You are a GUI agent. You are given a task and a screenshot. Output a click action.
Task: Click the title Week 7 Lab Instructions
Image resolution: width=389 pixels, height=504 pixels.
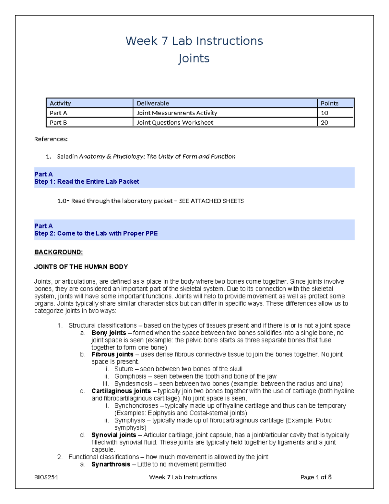click(x=194, y=41)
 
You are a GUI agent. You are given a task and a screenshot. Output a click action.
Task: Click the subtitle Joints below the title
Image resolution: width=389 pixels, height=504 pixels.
click(x=194, y=59)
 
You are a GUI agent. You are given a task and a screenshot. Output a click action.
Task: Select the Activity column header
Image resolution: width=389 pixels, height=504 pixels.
click(x=60, y=103)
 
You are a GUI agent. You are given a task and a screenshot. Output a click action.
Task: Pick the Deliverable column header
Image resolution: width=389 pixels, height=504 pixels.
click(x=153, y=103)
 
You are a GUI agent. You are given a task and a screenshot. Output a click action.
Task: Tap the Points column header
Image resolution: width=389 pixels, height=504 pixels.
click(x=329, y=103)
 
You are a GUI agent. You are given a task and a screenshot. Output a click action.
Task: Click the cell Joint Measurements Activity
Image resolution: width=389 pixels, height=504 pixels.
click(x=177, y=113)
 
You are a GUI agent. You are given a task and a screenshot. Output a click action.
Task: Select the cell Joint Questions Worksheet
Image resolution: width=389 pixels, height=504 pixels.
click(x=175, y=123)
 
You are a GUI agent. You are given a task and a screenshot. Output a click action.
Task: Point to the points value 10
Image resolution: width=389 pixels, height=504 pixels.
click(x=324, y=113)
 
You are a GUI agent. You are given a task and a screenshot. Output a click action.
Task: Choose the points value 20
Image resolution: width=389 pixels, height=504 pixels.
click(x=324, y=123)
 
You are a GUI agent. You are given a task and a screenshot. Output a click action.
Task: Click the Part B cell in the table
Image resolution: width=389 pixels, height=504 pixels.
click(x=58, y=123)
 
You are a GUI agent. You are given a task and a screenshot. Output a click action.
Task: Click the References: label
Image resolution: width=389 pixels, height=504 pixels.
click(x=51, y=139)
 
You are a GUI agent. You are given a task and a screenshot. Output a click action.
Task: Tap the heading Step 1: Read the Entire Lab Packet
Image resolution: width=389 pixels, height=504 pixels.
click(x=87, y=182)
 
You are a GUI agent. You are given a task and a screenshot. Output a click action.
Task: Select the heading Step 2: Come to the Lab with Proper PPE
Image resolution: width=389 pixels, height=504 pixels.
click(x=96, y=234)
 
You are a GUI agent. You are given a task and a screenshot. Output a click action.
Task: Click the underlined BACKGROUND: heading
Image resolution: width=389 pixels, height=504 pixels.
click(x=59, y=252)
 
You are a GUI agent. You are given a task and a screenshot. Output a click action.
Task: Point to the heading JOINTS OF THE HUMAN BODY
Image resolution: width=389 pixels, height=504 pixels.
click(x=81, y=267)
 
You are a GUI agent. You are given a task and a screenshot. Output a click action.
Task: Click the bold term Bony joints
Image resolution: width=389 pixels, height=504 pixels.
click(x=109, y=333)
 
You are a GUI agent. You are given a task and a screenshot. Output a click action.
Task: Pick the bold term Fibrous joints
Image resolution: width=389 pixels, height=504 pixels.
click(x=112, y=354)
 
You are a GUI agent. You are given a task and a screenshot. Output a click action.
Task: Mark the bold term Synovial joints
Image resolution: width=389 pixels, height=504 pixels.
click(x=113, y=435)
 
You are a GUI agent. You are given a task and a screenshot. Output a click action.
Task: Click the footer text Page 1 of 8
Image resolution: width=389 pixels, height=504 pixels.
click(x=316, y=477)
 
